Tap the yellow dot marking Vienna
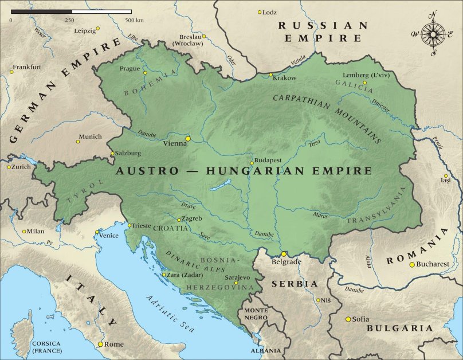[x=188, y=139]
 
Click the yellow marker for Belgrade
[x=283, y=254]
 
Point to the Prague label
[x=130, y=69]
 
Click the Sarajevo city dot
[x=236, y=283]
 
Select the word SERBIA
[x=295, y=284]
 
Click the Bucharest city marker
[x=411, y=264]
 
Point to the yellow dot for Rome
[x=100, y=344]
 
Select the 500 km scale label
[x=135, y=20]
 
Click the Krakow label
[x=285, y=77]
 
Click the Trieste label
[x=142, y=226]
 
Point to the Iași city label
[x=446, y=181]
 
